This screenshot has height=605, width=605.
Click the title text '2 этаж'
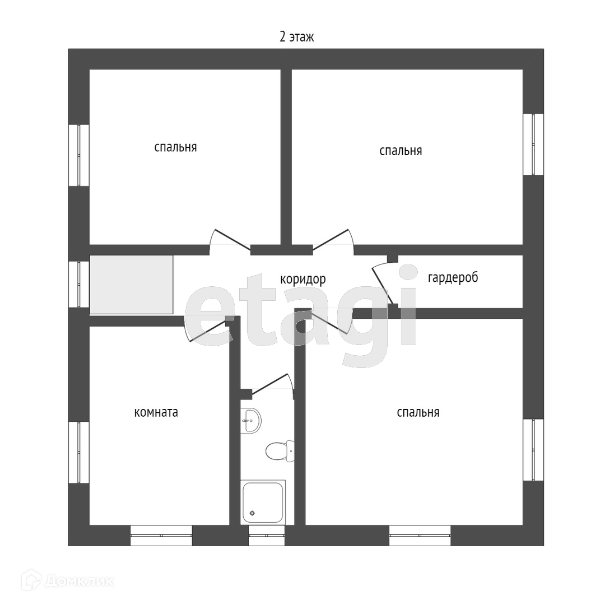(296, 37)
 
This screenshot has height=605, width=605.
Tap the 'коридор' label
(302, 279)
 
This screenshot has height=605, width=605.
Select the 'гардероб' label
(453, 277)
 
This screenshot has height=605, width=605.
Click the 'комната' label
(156, 412)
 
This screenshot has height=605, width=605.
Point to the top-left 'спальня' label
(175, 147)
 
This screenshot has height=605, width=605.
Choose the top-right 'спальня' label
(401, 151)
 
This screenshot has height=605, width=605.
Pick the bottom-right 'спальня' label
(418, 412)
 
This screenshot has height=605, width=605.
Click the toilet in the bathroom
(278, 450)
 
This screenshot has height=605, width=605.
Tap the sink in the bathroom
(251, 420)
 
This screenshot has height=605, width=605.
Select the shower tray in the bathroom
(263, 502)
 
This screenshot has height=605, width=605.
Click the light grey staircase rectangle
(131, 284)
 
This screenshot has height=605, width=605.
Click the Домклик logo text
(78, 581)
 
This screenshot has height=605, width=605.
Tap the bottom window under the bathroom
(267, 535)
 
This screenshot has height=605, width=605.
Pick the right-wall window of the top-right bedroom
(533, 145)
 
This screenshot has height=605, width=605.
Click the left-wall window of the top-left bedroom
(79, 155)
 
